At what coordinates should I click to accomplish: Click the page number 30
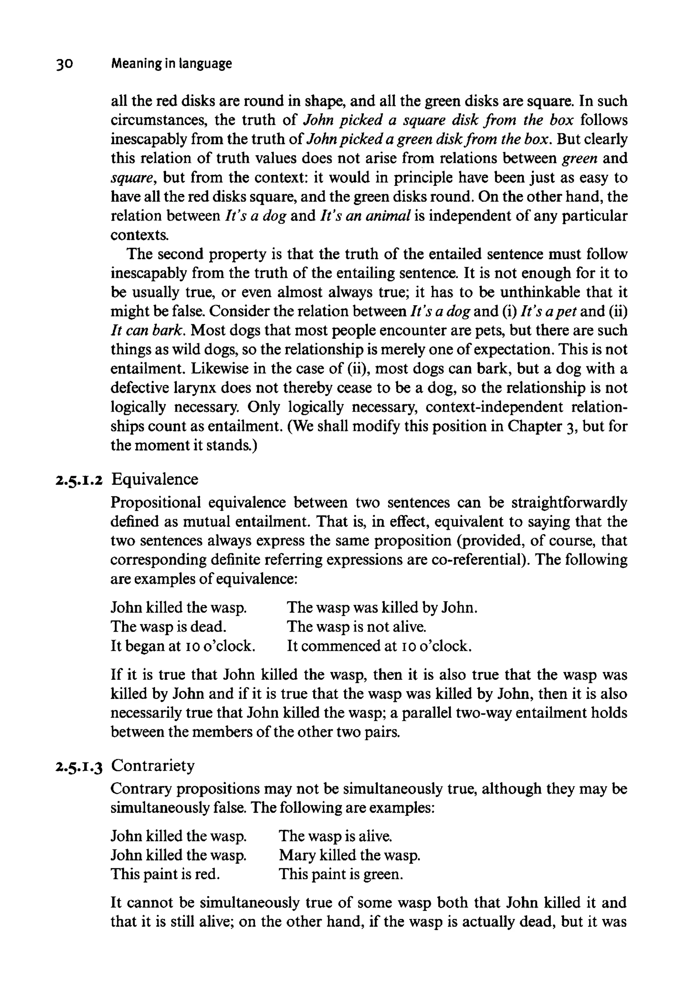(64, 64)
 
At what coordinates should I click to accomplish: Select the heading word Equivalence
(155, 479)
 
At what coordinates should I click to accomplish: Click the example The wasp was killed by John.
(382, 607)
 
